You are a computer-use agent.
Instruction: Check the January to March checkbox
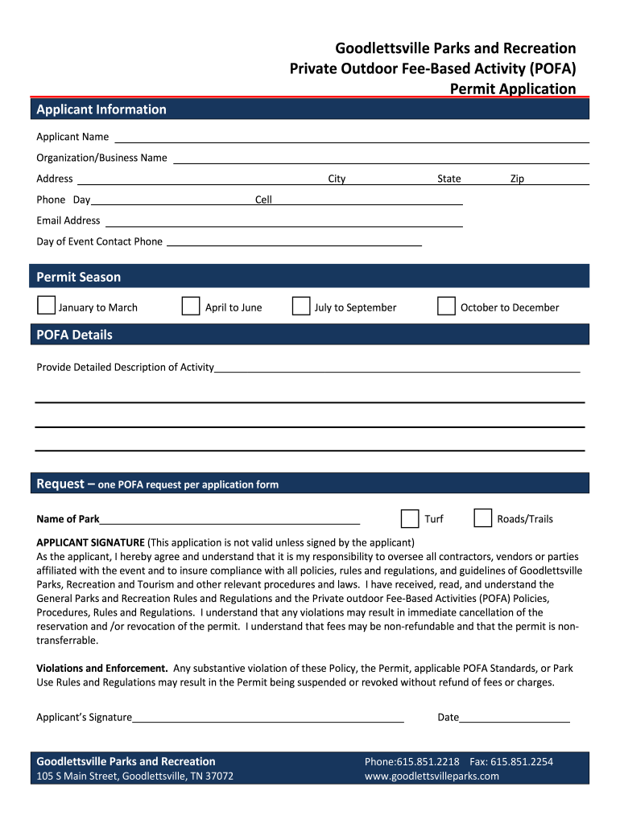[47, 306]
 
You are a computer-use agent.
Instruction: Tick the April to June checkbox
[191, 306]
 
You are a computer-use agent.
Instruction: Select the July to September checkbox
[301, 306]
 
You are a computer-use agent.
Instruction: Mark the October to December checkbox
[446, 306]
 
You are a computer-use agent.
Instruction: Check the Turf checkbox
[410, 517]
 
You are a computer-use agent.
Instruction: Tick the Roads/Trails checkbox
[483, 517]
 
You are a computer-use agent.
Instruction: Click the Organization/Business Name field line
[381, 162]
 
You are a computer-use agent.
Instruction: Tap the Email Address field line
[283, 225]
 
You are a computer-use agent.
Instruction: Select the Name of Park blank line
[229, 522]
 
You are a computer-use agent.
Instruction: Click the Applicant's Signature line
[268, 721]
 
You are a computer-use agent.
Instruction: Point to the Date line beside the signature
[515, 721]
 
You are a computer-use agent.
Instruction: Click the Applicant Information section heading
[101, 109]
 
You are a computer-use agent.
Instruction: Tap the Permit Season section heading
[79, 277]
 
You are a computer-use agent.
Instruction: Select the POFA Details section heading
[75, 335]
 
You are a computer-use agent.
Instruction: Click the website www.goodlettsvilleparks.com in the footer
[432, 777]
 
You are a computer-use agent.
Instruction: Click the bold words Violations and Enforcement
[102, 668]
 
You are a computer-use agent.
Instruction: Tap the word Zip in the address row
[517, 179]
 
